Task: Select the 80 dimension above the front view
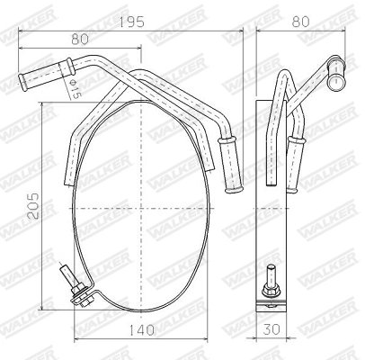(x=79, y=38)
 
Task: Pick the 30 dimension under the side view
(x=270, y=329)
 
